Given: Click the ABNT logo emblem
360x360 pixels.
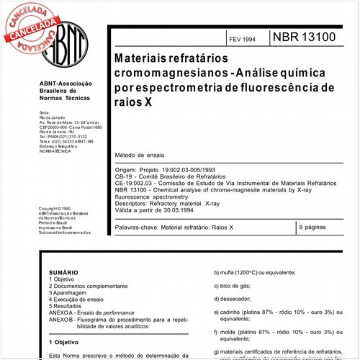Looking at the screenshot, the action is point(60,41).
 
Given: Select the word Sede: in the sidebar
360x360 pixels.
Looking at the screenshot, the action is point(45,113).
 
